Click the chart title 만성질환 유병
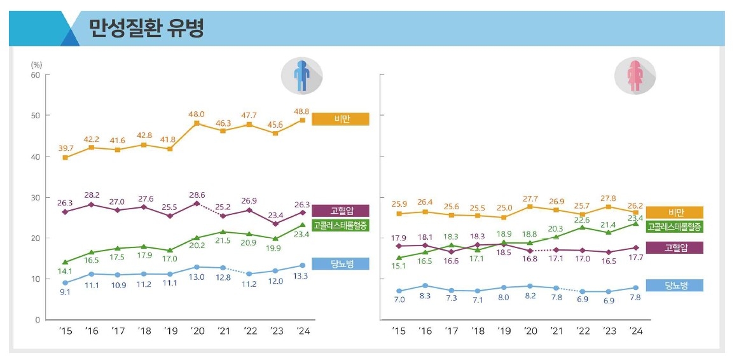click(x=146, y=28)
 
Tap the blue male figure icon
click(x=301, y=76)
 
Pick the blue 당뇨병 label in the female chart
click(x=675, y=286)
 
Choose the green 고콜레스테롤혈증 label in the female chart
click(x=675, y=226)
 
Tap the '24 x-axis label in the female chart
click(x=635, y=331)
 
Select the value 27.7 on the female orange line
click(x=529, y=199)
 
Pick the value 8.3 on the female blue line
click(x=425, y=296)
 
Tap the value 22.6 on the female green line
click(x=583, y=220)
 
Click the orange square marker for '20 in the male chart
click(x=197, y=123)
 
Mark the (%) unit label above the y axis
click(x=36, y=64)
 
